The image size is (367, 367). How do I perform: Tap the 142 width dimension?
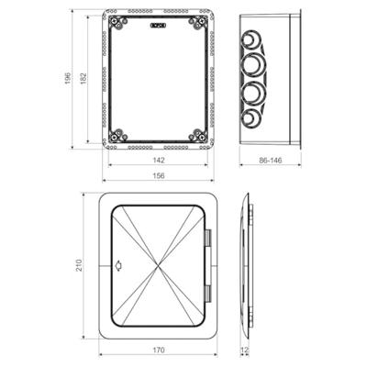coord(160,158)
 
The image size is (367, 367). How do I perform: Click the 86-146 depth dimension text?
coord(272,161)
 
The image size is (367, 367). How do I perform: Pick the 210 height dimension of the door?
coord(79,265)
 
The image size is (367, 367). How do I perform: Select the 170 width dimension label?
coord(160,350)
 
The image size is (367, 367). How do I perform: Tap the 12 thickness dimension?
coord(244,350)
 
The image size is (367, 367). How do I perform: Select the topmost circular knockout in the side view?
coord(251,41)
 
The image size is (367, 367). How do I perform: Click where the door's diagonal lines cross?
coord(161,267)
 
